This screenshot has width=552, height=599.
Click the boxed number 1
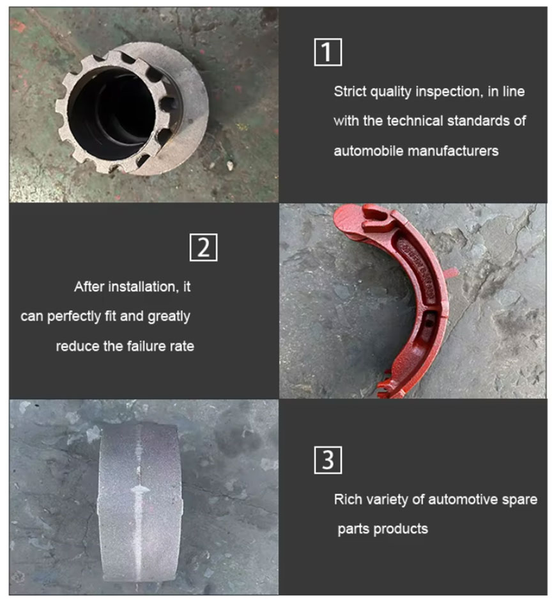point(328,52)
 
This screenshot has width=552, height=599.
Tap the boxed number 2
point(203,247)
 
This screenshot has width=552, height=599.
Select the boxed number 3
point(328,459)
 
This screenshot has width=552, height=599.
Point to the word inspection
point(448,91)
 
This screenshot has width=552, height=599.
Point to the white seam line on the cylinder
point(139,492)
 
